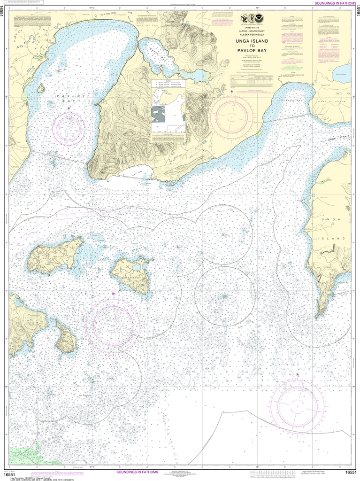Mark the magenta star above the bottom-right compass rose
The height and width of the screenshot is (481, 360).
coord(298,374)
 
